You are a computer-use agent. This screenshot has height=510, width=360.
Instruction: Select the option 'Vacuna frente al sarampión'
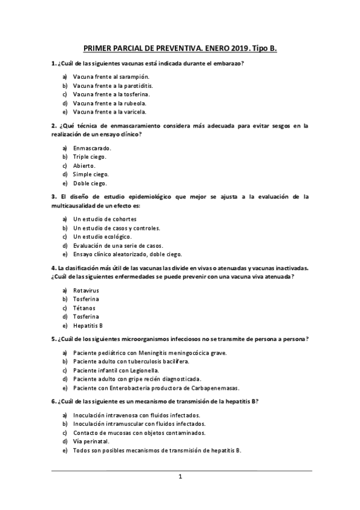(111, 77)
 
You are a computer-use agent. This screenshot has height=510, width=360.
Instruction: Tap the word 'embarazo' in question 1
(231, 64)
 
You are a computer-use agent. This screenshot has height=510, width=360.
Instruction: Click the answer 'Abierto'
(84, 165)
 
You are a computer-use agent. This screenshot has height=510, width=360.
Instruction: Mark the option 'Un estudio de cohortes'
(105, 219)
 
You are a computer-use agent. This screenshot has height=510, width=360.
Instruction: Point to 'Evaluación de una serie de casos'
(119, 245)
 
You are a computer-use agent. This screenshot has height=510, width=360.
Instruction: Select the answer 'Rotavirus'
(86, 290)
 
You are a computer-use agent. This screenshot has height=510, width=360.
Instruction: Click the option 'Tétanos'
(84, 308)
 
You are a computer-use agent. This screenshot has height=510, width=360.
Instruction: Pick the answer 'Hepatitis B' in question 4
(88, 325)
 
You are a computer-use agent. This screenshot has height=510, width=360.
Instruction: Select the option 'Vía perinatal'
(91, 441)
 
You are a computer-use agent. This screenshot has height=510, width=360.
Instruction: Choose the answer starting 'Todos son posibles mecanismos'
(157, 450)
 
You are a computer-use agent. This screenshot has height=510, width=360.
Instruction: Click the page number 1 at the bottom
(180, 477)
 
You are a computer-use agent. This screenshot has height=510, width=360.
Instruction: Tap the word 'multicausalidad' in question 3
(73, 206)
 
